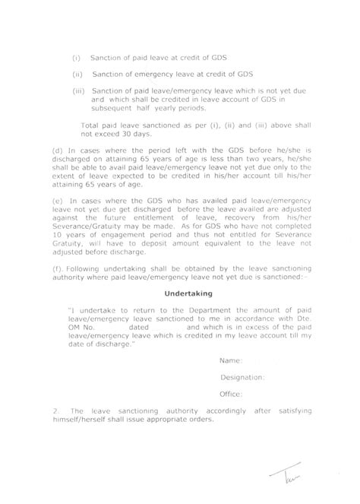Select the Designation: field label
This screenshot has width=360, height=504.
click(x=242, y=376)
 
